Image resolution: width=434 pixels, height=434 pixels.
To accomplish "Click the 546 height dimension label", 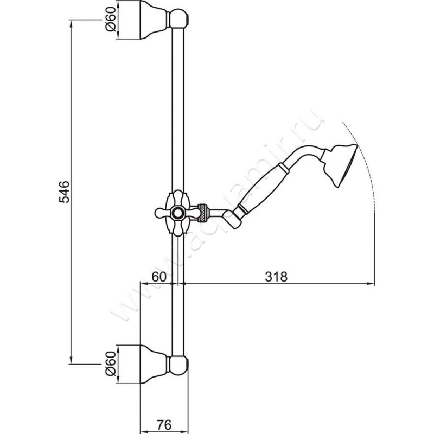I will point(64,192).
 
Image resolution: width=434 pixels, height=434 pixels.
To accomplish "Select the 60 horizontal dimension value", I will point(158,276).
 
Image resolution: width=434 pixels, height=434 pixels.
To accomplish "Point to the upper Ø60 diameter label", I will point(110,21).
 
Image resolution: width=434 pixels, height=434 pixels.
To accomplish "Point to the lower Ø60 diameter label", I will point(110,363).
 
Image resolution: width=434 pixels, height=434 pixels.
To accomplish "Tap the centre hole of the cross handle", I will point(177,212).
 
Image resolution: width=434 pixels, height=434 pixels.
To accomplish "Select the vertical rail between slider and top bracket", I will point(178,108).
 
